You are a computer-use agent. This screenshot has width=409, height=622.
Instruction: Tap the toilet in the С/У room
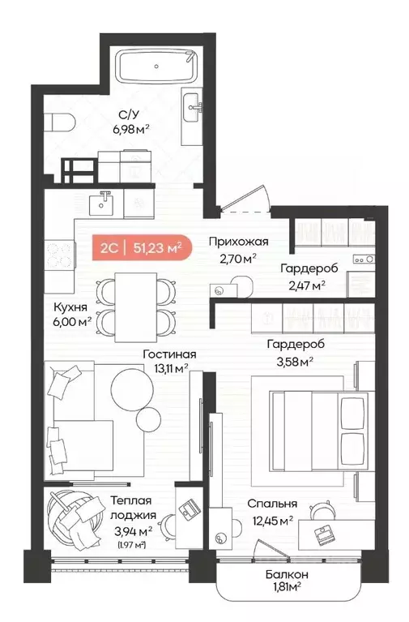pyautogui.click(x=60, y=122)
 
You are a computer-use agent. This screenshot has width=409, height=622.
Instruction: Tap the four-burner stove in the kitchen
pyautogui.click(x=58, y=255)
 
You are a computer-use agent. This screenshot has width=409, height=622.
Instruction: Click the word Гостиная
pyautogui.click(x=169, y=354)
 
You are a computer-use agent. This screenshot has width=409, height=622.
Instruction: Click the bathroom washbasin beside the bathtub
pyautogui.click(x=193, y=104)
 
